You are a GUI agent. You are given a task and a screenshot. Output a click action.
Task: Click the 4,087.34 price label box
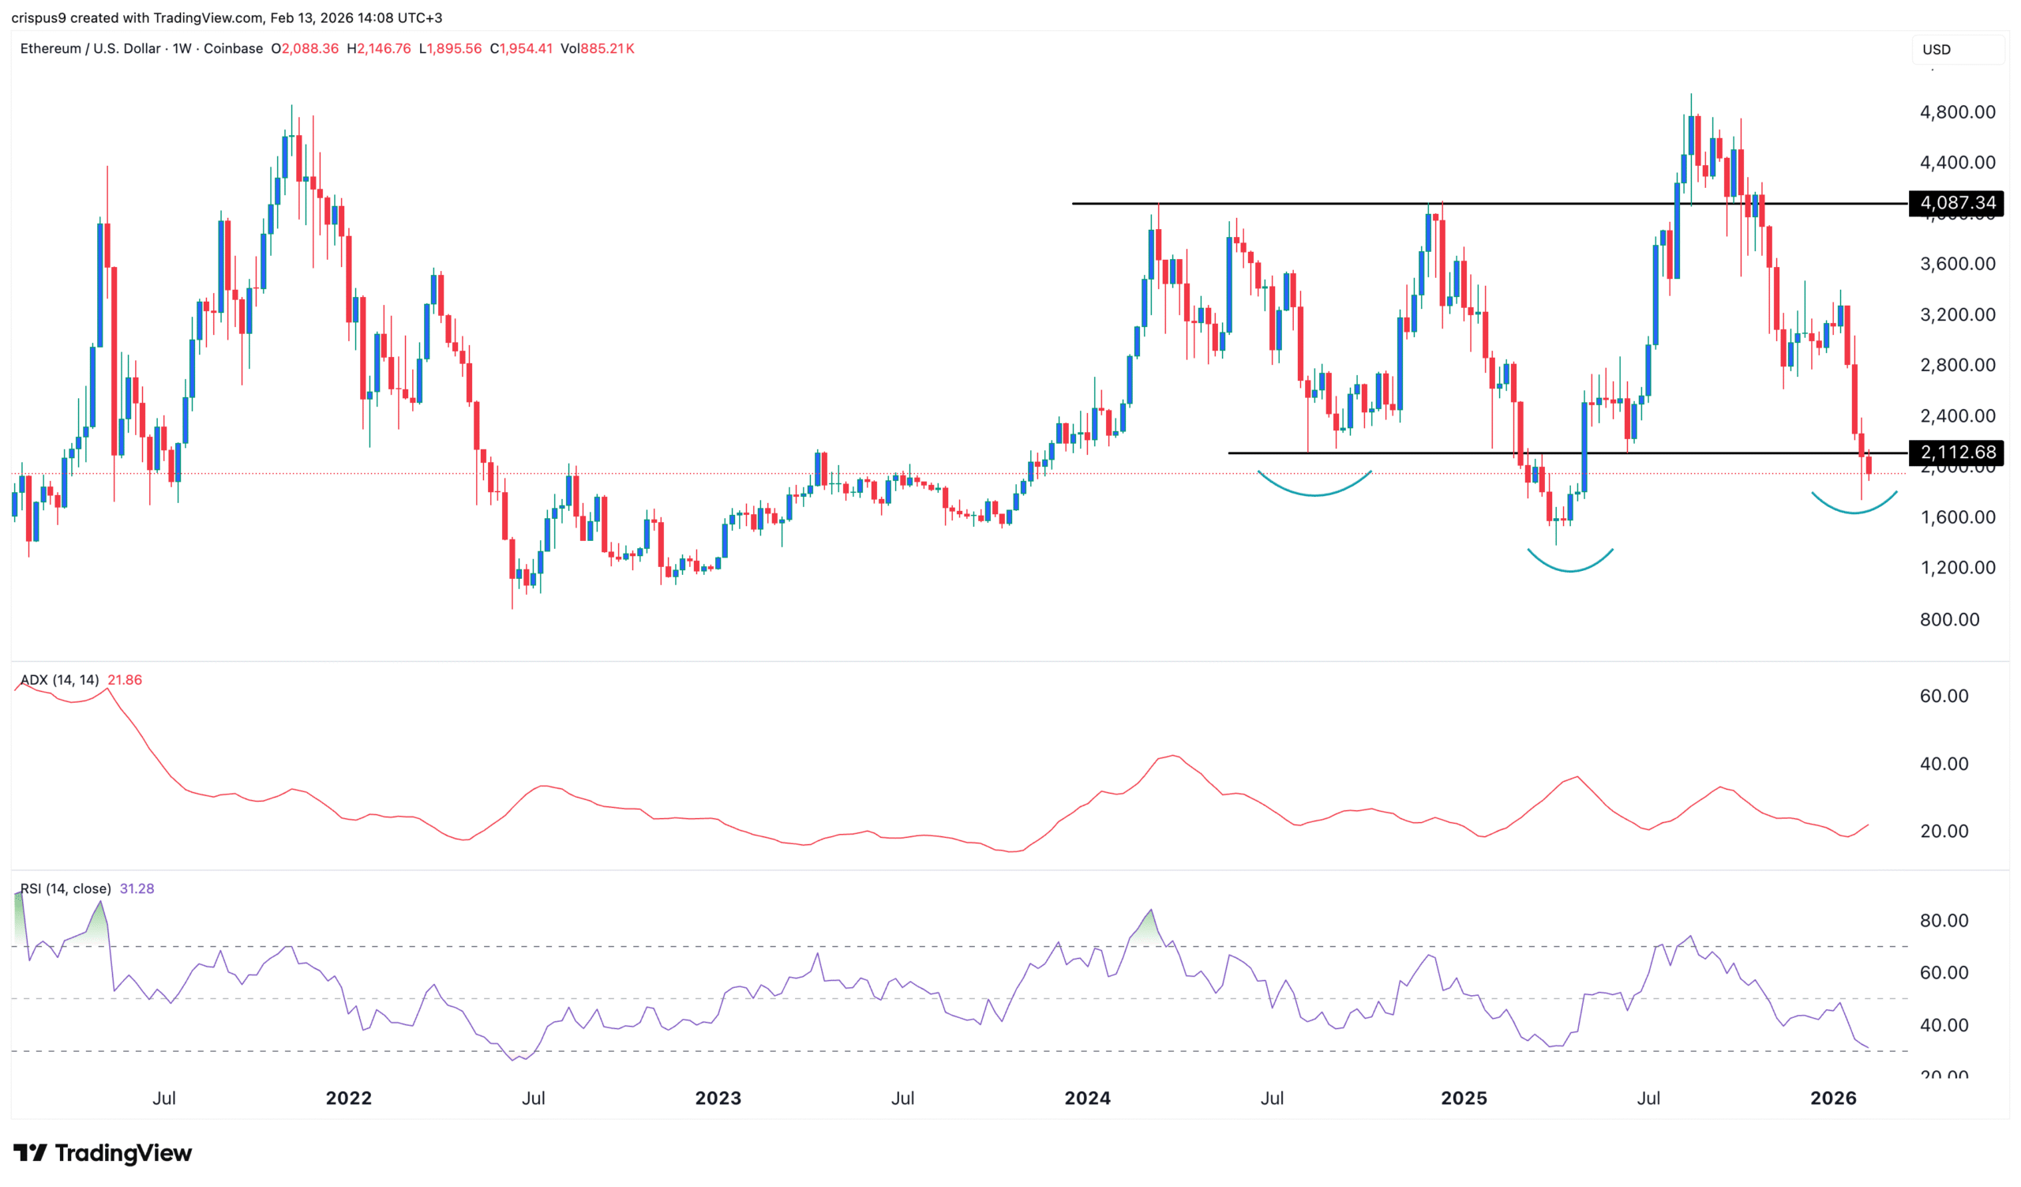1956,203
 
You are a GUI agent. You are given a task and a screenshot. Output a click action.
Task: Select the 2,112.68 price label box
1956,453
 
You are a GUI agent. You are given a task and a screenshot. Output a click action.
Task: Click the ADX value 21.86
124,680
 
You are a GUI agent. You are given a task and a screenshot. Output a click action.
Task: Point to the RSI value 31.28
137,888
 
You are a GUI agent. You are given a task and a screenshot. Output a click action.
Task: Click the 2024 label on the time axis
1087,1098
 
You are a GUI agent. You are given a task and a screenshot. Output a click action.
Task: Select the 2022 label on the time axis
348,1098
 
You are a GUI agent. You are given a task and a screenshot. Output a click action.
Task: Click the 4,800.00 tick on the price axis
1957,112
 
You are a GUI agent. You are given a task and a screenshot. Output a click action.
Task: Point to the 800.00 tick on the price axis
1949,619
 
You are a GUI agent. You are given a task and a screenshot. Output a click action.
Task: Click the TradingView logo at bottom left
103,1152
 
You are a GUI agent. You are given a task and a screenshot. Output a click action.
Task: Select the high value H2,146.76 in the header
378,49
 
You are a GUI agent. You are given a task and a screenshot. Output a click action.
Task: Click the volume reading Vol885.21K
598,49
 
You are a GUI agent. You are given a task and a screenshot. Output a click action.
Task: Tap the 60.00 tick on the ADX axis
1943,696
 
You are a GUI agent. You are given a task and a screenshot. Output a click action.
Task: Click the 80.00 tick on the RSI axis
1943,921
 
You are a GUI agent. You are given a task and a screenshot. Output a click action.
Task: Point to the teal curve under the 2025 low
1569,569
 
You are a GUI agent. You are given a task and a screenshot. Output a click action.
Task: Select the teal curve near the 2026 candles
1854,511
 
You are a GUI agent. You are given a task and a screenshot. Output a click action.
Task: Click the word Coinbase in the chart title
233,49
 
